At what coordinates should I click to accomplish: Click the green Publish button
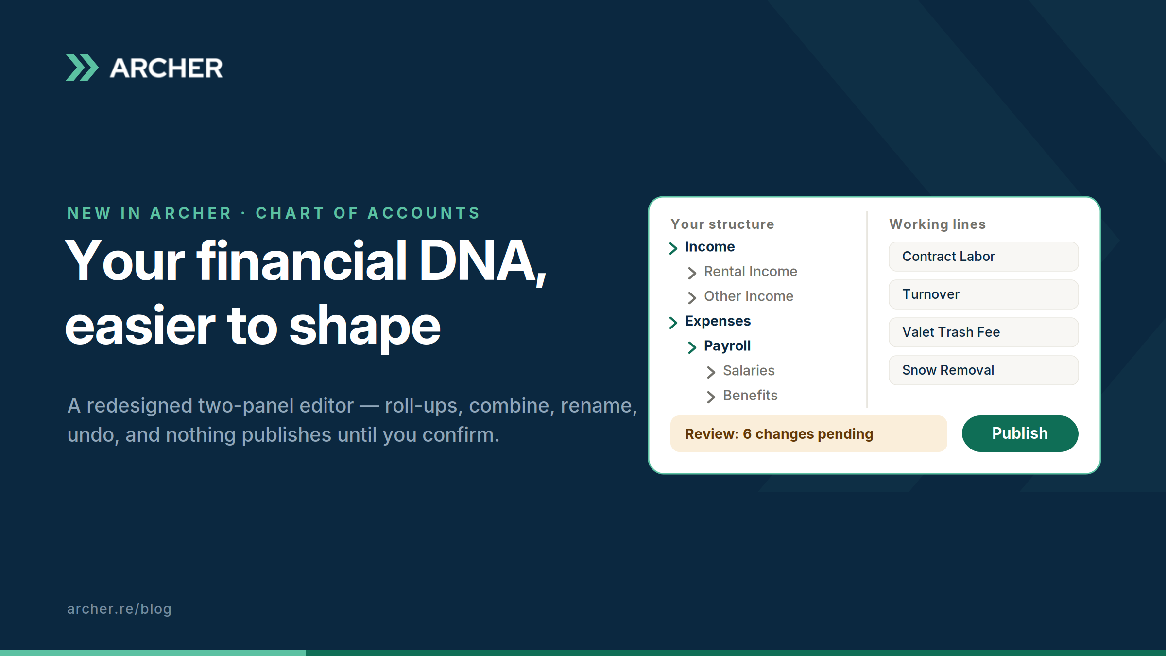[1020, 433]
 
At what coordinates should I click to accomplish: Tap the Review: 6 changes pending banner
[808, 433]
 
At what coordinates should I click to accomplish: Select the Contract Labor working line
[983, 257]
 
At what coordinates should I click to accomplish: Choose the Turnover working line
[983, 294]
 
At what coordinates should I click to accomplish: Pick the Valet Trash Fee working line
[983, 332]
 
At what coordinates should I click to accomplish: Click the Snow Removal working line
[983, 370]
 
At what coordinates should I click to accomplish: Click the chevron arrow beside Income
[673, 248]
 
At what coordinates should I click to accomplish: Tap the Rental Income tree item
[751, 271]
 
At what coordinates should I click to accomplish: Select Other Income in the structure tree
[749, 296]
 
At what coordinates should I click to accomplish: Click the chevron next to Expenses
[673, 323]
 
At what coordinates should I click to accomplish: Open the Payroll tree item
[727, 346]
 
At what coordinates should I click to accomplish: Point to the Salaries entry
[749, 370]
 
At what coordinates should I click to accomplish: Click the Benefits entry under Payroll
[750, 395]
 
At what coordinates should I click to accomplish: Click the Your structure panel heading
[722, 224]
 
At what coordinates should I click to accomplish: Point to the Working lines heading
[937, 224]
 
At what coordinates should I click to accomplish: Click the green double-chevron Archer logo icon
[82, 68]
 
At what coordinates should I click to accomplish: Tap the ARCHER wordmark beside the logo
[166, 68]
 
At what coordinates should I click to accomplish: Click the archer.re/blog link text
[119, 609]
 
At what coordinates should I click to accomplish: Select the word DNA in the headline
[482, 261]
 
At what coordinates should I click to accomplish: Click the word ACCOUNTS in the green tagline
[424, 213]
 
